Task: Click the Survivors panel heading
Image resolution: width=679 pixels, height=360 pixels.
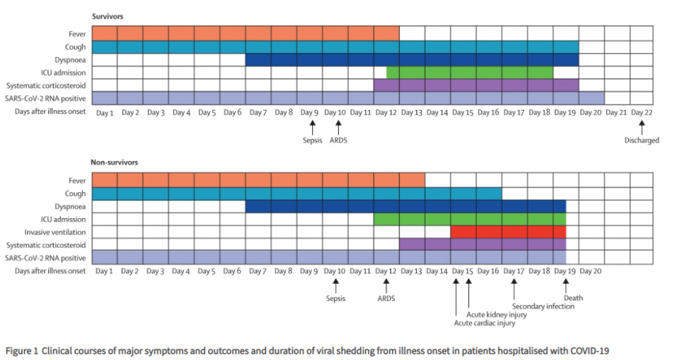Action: click(x=107, y=15)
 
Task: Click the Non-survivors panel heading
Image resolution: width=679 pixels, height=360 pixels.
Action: click(x=113, y=162)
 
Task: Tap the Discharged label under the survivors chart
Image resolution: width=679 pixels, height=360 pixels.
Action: click(x=642, y=141)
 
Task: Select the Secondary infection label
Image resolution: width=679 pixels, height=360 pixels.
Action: click(x=543, y=306)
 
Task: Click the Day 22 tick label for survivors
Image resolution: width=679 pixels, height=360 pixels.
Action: click(x=642, y=111)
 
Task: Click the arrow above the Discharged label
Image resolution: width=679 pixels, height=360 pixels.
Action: click(x=642, y=126)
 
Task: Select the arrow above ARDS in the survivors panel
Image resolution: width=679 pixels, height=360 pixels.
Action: click(x=338, y=126)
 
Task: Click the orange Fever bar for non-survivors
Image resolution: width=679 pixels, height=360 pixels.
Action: click(x=258, y=180)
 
